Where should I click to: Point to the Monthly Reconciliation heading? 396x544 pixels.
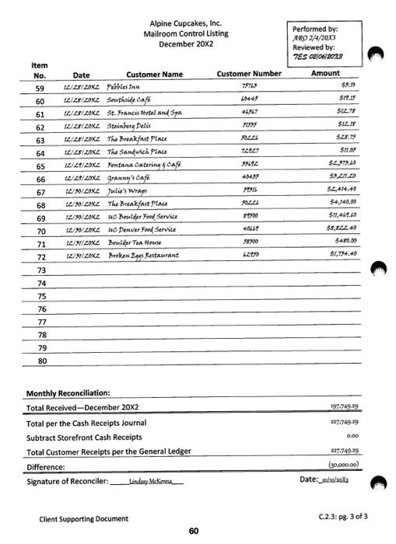68,394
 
